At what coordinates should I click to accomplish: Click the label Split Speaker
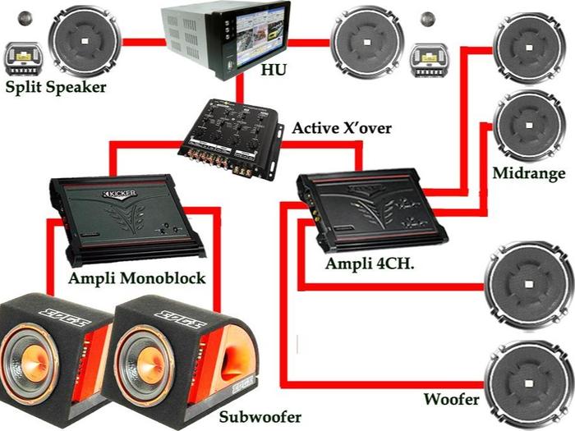[x=56, y=87]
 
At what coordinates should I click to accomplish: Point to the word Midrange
[x=528, y=173]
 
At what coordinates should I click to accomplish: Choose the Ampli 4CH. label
[x=366, y=264]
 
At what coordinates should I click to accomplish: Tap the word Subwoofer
[x=260, y=416]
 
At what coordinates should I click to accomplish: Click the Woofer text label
[x=451, y=400]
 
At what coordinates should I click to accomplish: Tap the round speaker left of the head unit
[x=85, y=39]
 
